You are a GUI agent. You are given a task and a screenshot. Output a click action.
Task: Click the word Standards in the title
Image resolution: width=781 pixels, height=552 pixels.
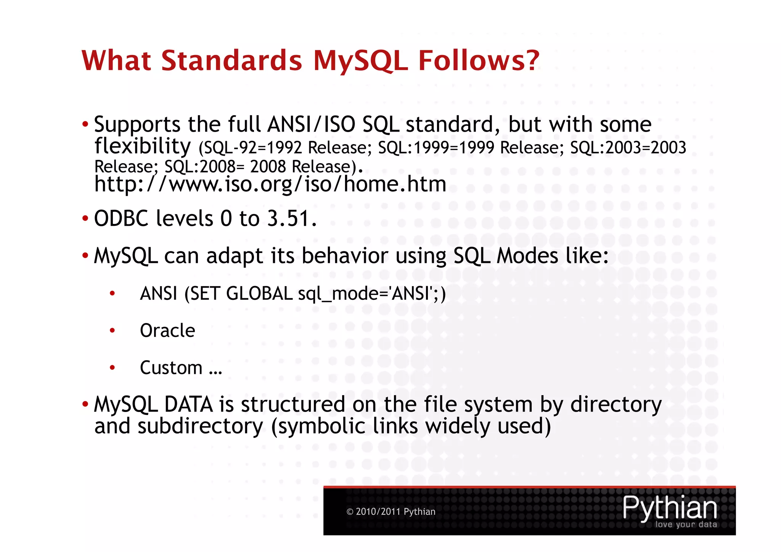tap(231, 61)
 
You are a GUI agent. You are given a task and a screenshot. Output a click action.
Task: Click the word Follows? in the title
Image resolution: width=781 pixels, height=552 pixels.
tap(479, 61)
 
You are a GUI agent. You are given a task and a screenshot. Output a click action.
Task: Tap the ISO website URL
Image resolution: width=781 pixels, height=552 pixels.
tap(270, 184)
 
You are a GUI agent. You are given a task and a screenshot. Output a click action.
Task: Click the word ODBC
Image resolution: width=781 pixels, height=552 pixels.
tap(121, 219)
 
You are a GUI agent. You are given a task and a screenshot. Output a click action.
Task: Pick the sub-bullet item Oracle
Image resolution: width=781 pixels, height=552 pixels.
tap(167, 330)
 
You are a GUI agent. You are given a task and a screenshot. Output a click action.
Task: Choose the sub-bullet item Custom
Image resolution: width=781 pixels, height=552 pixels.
tap(171, 368)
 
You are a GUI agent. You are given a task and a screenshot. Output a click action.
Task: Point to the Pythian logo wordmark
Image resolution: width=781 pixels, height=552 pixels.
tap(670, 507)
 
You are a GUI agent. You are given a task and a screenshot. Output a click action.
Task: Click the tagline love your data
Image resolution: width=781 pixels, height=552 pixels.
tap(686, 525)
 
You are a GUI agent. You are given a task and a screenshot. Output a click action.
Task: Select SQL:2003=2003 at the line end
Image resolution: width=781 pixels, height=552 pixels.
tap(628, 148)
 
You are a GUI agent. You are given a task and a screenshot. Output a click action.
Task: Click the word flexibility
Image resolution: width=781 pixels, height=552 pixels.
tap(142, 146)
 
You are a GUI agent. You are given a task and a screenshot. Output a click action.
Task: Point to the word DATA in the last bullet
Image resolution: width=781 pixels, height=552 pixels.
tap(188, 404)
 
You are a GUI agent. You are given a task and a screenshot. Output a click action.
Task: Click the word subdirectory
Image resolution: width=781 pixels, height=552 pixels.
tap(200, 426)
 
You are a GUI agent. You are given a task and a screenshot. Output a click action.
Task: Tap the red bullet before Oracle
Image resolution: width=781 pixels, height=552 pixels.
tap(112, 330)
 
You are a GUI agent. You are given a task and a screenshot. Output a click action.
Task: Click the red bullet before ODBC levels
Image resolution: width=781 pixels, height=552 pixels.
tap(85, 219)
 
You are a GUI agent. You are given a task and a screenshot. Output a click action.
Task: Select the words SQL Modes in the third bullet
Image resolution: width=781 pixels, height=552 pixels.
tap(506, 256)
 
